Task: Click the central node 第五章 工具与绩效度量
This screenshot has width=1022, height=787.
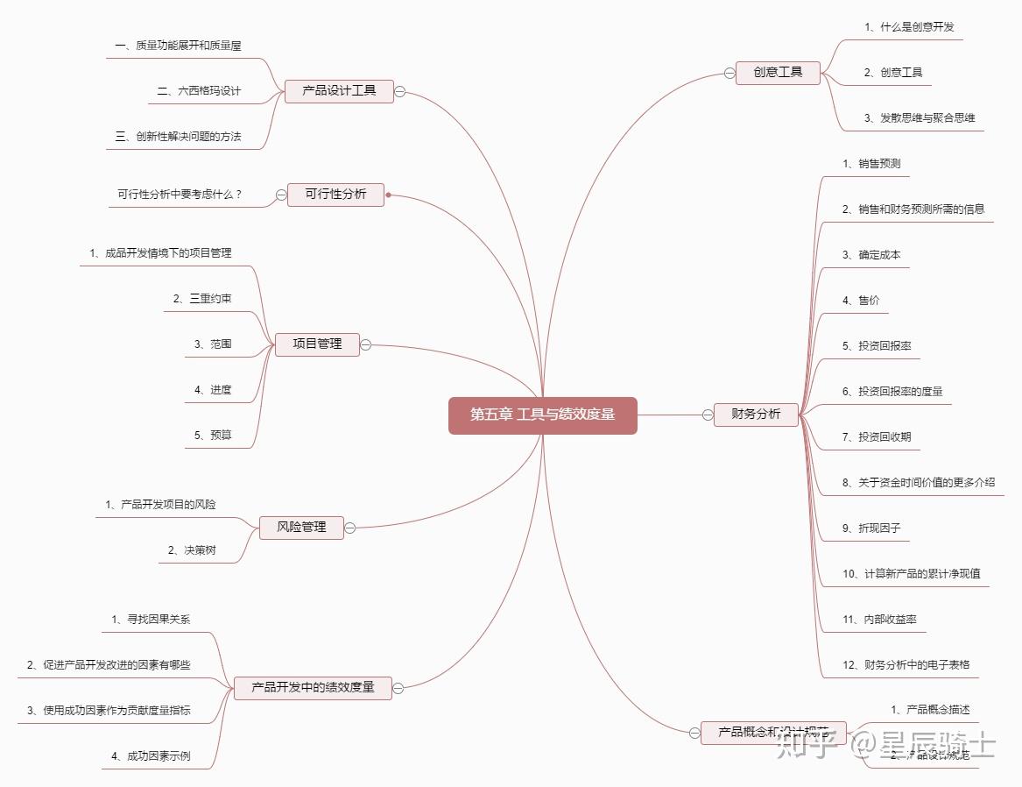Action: pyautogui.click(x=542, y=415)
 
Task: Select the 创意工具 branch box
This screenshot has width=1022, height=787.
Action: pyautogui.click(x=778, y=72)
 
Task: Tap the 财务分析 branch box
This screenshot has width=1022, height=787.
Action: pyautogui.click(x=756, y=414)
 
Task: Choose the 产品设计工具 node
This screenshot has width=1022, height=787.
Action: pyautogui.click(x=339, y=90)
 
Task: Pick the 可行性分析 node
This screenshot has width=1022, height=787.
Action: pyautogui.click(x=335, y=194)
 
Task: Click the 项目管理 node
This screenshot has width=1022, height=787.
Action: pyautogui.click(x=317, y=344)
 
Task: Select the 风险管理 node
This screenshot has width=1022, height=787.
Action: pyautogui.click(x=301, y=528)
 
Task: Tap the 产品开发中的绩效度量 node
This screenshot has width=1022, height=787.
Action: pyautogui.click(x=313, y=688)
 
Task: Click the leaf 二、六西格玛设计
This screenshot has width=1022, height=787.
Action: pyautogui.click(x=199, y=91)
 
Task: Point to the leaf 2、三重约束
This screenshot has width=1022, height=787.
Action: pyautogui.click(x=202, y=299)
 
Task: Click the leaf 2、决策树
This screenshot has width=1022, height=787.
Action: pyautogui.click(x=192, y=550)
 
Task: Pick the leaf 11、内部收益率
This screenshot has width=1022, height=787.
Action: pyautogui.click(x=879, y=619)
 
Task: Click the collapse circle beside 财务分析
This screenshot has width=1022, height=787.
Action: pyautogui.click(x=708, y=415)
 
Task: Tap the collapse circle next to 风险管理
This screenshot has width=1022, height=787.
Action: pyautogui.click(x=349, y=528)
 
